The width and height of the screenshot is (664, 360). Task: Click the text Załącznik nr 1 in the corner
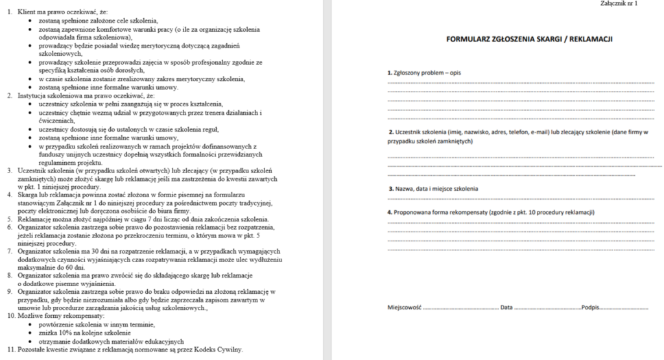[621, 3]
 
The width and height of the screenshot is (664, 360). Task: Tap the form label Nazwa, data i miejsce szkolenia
[433, 188]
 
